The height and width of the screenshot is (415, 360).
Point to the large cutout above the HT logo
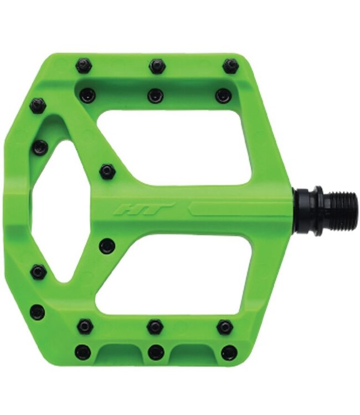(x=173, y=147)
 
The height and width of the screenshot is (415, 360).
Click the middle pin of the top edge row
(x=158, y=66)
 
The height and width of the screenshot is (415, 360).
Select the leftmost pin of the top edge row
(x=84, y=67)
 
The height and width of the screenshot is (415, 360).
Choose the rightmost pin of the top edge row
(x=229, y=66)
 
